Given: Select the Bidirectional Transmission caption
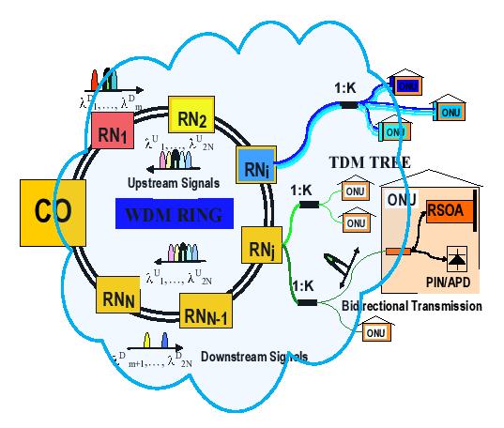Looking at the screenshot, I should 420,306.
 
